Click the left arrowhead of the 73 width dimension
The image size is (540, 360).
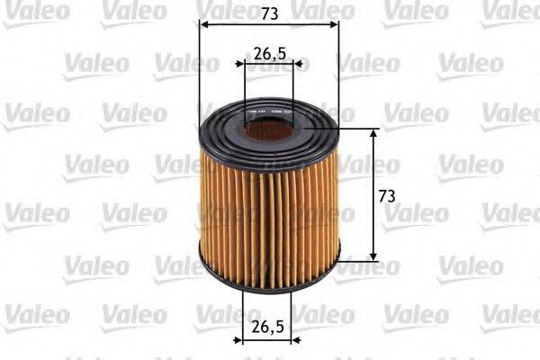point(203,24)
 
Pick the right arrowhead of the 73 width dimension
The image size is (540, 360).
point(335,24)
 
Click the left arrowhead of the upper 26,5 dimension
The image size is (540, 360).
point(247,65)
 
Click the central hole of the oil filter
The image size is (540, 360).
point(268,130)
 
